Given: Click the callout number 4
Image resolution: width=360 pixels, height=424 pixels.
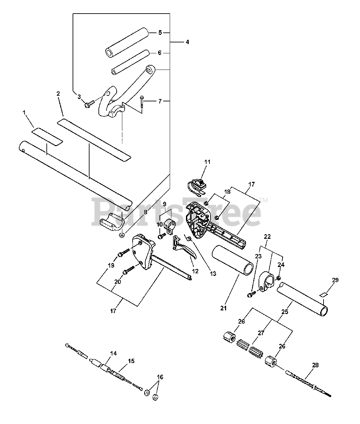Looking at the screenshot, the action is coord(187,42).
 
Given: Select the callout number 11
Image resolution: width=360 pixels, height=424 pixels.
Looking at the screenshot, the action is coord(207,162).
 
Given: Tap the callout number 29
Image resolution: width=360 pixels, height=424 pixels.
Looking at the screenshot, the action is coord(335,280).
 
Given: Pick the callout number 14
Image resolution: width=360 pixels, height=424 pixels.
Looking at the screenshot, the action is coord(113,353).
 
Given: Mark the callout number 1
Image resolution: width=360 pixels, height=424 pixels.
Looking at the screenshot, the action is coord(24,112).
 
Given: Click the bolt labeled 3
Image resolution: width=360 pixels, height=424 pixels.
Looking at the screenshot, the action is coord(89,104).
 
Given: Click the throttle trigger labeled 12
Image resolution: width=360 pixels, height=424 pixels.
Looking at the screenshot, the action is coord(184,247).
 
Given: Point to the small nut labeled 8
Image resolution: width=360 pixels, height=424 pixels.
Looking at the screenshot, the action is coord(122,235).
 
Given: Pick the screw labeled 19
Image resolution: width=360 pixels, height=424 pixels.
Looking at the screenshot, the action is coord(124,253).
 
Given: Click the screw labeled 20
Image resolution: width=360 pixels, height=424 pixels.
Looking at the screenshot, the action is coord(129,270).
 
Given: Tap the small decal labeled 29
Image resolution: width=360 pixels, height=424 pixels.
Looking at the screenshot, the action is coord(324,295).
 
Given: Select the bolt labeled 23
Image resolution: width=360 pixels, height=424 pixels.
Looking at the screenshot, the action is coord(252,294).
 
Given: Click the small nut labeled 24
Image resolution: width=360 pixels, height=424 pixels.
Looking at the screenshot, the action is coord(278,278).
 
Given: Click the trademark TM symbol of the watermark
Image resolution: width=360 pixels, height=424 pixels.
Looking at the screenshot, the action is coord(264,200).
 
